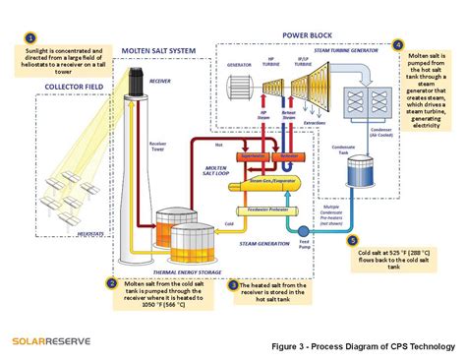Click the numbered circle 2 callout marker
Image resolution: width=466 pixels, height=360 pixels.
[x=111, y=283]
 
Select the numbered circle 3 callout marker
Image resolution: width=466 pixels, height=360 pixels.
[x=233, y=284]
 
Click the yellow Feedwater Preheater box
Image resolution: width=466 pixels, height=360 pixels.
[x=266, y=210]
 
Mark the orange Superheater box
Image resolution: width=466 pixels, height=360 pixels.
[x=257, y=155]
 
